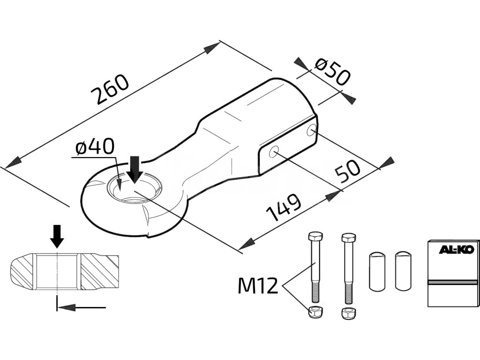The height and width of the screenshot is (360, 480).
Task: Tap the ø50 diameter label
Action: tap(332, 71)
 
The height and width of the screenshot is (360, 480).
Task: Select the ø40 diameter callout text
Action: tap(95, 148)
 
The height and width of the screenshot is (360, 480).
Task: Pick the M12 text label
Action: tap(258, 285)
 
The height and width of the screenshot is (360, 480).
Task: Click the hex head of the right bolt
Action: tap(348, 238)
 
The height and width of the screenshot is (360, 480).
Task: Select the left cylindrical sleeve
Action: tap(376, 271)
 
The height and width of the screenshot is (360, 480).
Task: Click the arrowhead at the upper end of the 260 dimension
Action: tap(214, 47)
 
